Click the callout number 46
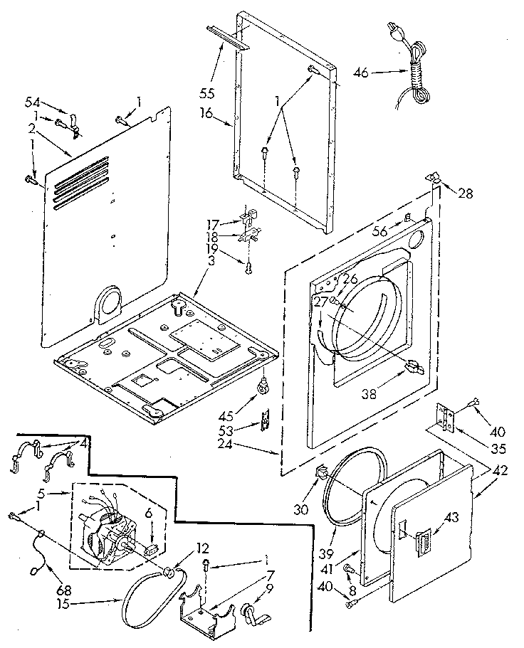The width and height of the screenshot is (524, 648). (x=362, y=71)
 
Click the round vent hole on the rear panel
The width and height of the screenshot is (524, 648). (x=108, y=303)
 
